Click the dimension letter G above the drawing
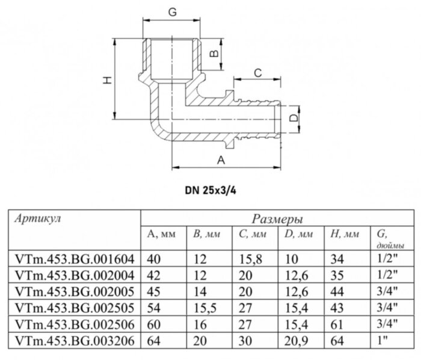172,11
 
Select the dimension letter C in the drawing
257,73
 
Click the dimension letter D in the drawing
293,118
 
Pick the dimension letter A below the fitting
220,160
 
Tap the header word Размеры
277,219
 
